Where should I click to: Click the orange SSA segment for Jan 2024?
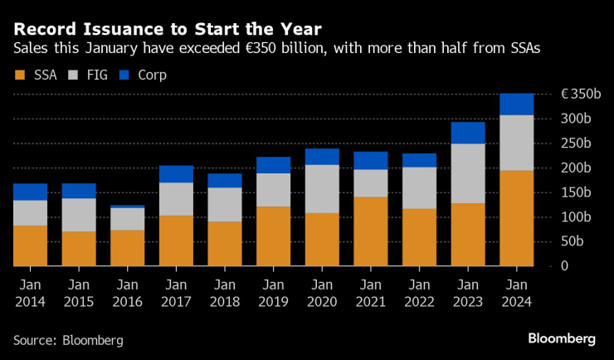[516, 218]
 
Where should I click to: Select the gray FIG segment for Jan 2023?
[467, 173]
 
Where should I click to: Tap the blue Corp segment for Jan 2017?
[176, 174]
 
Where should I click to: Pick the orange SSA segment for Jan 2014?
[30, 246]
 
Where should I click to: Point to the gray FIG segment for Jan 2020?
[322, 189]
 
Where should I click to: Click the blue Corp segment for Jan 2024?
[516, 104]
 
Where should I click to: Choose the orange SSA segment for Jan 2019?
[273, 236]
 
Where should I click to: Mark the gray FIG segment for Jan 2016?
[127, 219]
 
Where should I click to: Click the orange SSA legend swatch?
[21, 75]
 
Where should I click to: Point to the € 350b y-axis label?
[580, 94]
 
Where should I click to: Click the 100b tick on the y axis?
[579, 216]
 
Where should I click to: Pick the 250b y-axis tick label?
[579, 143]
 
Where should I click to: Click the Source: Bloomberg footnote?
[68, 340]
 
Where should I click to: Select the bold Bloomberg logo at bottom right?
[562, 338]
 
